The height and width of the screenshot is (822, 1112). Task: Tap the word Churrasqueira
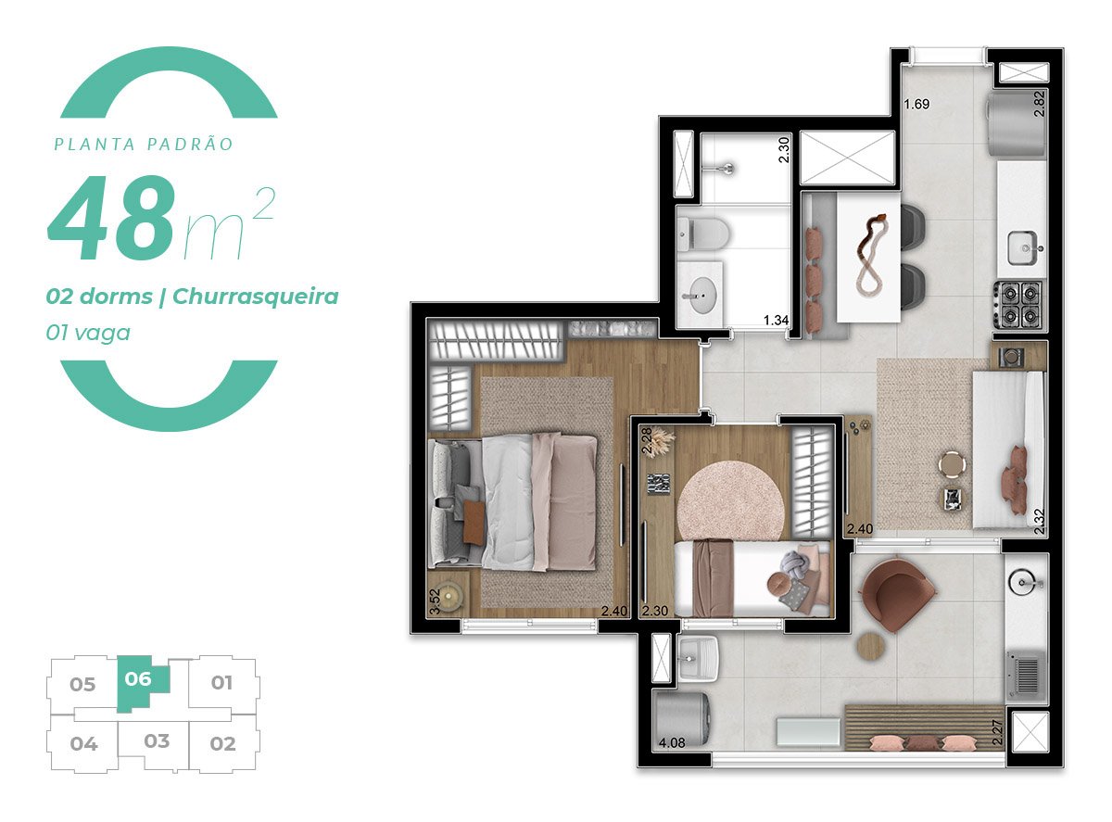pos(255,297)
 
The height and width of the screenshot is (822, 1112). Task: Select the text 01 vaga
pos(88,332)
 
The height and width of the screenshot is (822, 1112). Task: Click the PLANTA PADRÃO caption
pos(143,145)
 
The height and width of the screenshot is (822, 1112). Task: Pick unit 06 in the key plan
pos(139,679)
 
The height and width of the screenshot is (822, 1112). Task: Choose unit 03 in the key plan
pos(157,741)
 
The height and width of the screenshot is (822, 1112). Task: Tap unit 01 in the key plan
pos(221,684)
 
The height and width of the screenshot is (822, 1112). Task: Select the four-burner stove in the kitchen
pos(1019,304)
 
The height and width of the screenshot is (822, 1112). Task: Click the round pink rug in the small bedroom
pos(732,496)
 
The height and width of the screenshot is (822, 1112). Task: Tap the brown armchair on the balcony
pos(896,593)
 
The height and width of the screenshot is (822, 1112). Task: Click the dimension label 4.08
pos(671,742)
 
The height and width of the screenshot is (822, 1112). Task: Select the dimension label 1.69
pos(916,104)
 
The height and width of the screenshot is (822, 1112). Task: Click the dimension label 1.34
pos(776,321)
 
